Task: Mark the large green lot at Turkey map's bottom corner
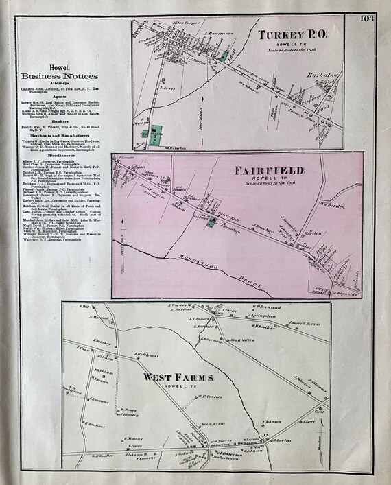tap(157, 134)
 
